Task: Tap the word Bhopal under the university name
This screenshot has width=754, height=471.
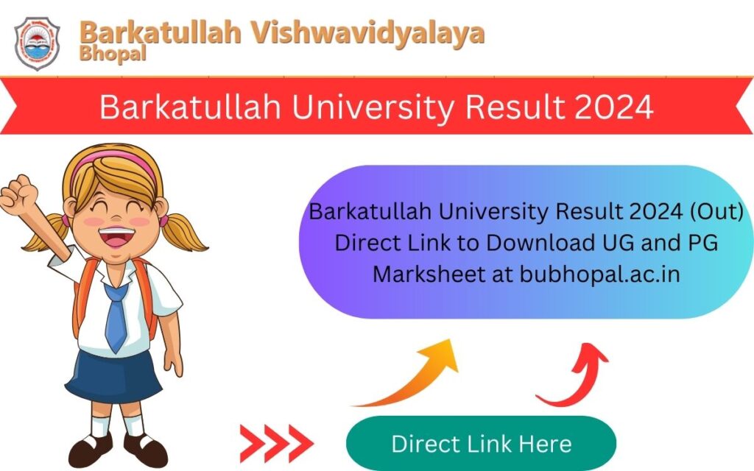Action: coord(113,53)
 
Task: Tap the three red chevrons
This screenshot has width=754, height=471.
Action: coord(276,443)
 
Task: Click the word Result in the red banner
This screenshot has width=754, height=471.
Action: coord(509,107)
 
